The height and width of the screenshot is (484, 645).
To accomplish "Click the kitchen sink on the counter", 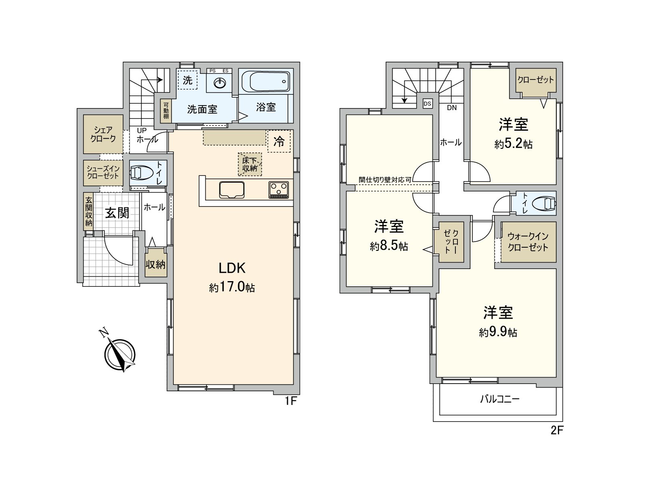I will [x=232, y=190].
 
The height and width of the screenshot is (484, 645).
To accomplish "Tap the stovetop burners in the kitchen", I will [x=279, y=190].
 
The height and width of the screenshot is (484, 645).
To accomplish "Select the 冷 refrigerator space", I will [x=279, y=141].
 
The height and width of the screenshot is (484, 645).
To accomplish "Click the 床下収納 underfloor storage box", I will [x=250, y=164].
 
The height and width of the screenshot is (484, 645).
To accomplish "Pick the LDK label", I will [x=232, y=268].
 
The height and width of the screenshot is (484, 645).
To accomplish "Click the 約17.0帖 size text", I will [x=232, y=288].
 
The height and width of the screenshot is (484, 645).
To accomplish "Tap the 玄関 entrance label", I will [x=117, y=213].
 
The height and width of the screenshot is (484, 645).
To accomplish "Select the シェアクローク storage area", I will [x=103, y=134].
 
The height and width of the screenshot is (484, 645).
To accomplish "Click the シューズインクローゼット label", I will [x=103, y=173].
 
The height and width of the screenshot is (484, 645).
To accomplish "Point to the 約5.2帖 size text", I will [x=513, y=144].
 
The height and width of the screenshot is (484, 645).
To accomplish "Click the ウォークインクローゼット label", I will [x=528, y=242].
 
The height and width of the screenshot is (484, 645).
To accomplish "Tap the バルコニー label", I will [x=500, y=399].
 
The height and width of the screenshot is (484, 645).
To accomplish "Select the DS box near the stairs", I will [x=427, y=104].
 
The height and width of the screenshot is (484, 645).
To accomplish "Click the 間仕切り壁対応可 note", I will [x=385, y=180].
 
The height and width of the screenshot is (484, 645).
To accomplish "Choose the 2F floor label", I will [x=557, y=430].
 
